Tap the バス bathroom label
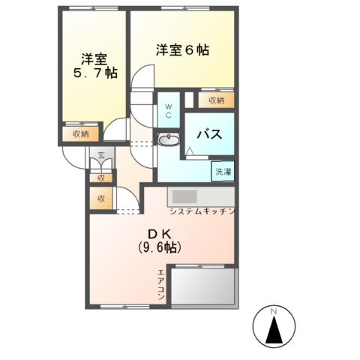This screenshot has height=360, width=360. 208,135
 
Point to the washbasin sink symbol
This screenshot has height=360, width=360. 170,139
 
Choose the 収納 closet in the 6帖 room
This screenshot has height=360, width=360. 216,99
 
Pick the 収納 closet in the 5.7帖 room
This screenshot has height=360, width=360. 80,133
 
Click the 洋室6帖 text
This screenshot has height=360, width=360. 182,51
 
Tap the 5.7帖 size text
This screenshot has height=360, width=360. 94,74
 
